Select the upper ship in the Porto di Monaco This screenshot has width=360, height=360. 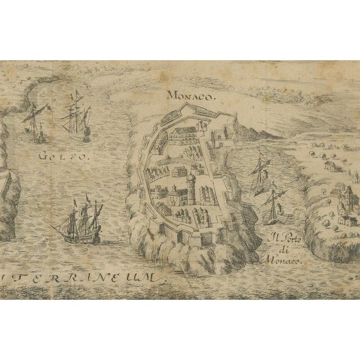tap(261, 173)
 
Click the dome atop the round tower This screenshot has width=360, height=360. tap(191, 178)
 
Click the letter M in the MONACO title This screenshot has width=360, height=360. tap(170, 96)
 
